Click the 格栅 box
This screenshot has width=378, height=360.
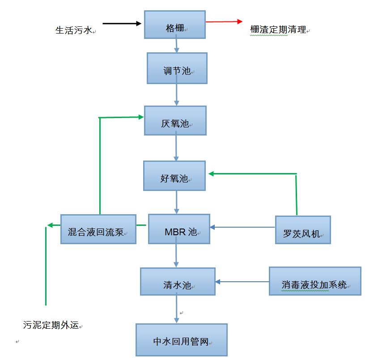coord(175,24)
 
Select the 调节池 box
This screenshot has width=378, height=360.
coord(177,68)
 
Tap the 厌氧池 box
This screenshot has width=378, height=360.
coord(175,120)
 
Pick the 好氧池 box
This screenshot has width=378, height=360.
coord(174,176)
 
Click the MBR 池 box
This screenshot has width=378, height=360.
coord(179,229)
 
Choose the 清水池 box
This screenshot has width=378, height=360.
coord(178,281)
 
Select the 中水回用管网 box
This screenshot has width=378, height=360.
coord(181,339)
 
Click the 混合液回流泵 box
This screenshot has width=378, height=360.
coord(98,229)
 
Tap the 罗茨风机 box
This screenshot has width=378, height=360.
coord(303,230)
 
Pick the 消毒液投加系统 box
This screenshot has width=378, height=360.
coord(315,281)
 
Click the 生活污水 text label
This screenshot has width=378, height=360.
coord(73,30)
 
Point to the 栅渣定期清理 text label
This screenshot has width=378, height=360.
coord(278,30)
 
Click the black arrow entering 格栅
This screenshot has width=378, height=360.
coord(122,23)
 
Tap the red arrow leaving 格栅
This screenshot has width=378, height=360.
coord(224,21)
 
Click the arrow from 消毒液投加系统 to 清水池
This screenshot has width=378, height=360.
coord(242,282)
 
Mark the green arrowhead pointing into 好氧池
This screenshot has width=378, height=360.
coord(211,174)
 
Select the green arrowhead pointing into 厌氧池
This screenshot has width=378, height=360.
coord(140,117)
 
